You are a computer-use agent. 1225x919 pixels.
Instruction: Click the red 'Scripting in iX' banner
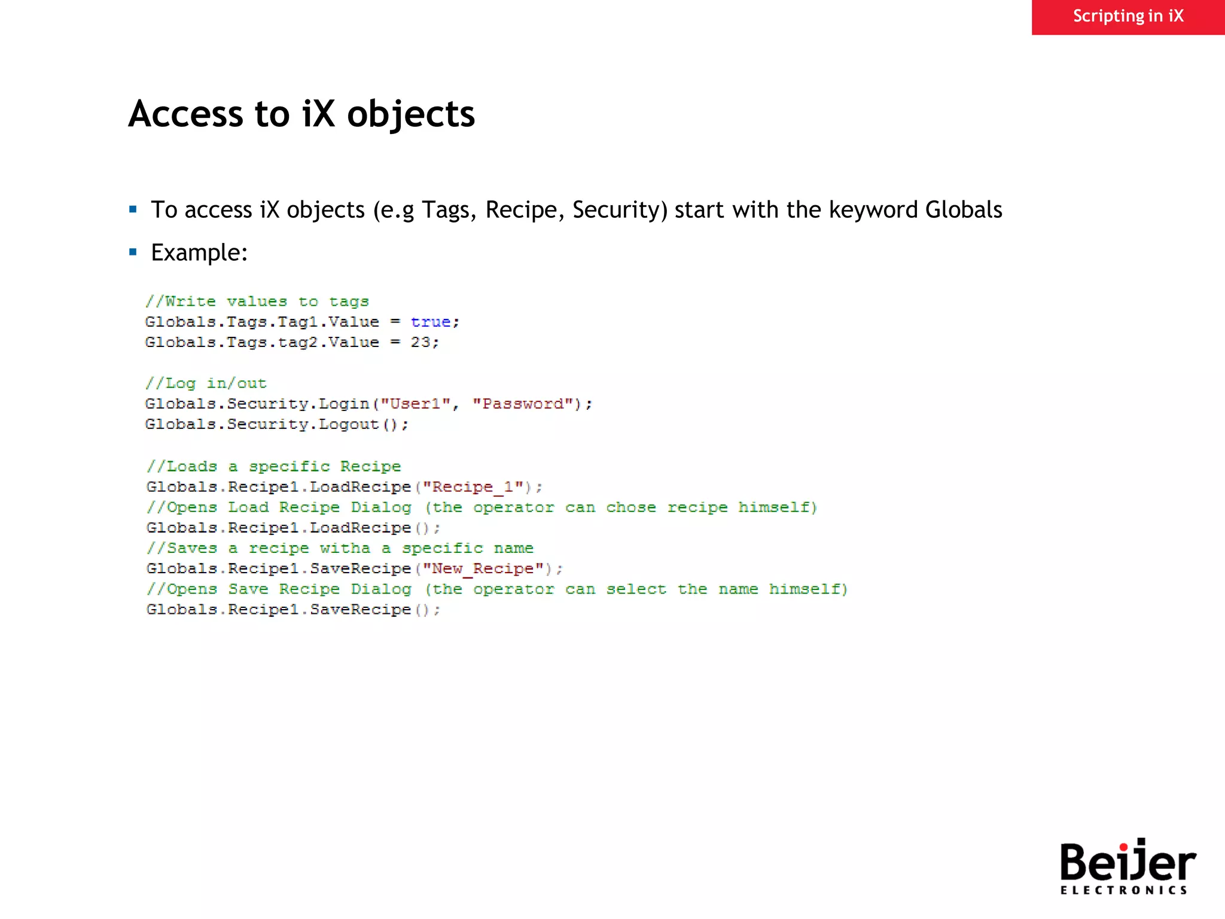point(1128,17)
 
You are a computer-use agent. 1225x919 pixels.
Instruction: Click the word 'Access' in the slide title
point(186,114)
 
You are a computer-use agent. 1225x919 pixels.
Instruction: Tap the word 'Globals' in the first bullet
point(963,210)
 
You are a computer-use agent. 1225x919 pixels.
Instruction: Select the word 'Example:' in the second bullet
point(199,252)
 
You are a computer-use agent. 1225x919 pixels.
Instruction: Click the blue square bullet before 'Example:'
point(133,252)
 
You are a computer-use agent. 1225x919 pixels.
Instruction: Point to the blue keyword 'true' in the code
point(430,322)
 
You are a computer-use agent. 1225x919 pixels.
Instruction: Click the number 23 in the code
point(420,342)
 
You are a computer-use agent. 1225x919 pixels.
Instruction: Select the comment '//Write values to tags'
point(257,302)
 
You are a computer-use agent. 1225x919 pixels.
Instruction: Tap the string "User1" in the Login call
point(415,404)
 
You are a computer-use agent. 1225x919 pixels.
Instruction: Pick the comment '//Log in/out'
point(206,384)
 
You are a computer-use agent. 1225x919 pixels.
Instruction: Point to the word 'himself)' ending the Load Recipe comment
point(777,507)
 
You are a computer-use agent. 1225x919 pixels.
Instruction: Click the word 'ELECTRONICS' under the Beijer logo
point(1123,890)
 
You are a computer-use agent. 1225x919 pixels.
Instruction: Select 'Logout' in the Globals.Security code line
point(349,424)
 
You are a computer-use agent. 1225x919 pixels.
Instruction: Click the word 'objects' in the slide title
point(411,114)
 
